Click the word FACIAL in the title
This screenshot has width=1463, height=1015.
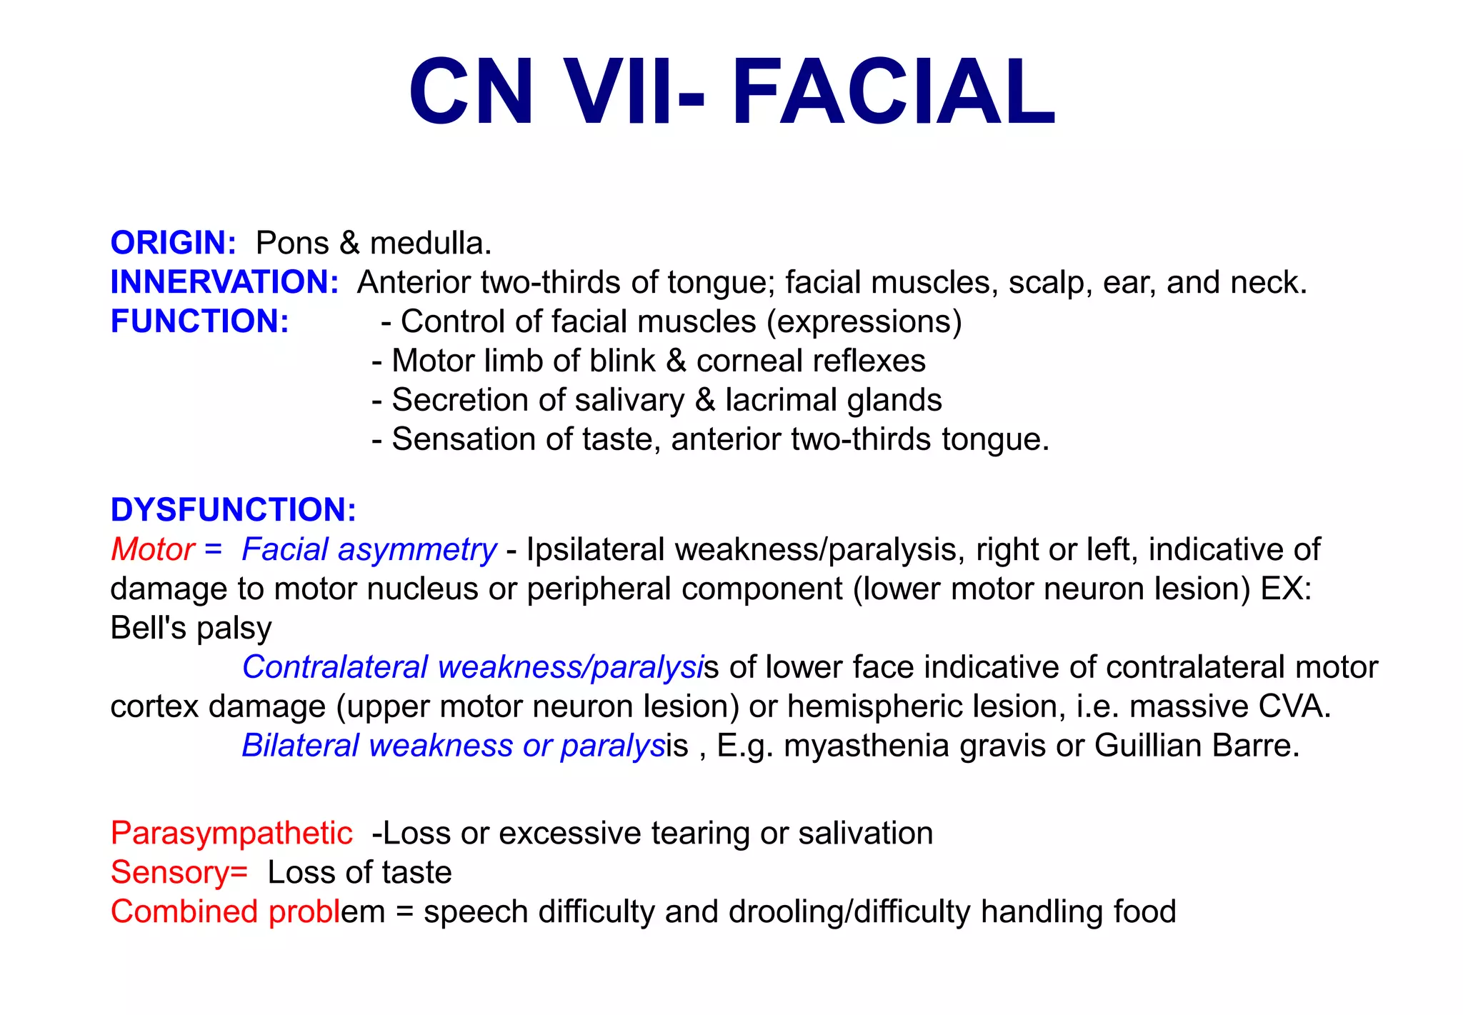(x=893, y=93)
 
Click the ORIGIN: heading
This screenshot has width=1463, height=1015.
(x=173, y=244)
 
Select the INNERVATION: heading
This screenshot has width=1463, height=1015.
(x=224, y=282)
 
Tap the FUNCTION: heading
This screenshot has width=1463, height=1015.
(x=200, y=321)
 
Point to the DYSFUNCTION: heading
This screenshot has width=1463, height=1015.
(x=234, y=510)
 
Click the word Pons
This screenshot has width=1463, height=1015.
(x=292, y=244)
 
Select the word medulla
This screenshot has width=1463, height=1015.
(x=431, y=244)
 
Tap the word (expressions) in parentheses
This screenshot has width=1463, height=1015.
(x=864, y=322)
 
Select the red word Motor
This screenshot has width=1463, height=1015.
(x=153, y=549)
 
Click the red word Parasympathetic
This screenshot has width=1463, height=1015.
(x=231, y=834)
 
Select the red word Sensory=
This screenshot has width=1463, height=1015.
(x=179, y=873)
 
